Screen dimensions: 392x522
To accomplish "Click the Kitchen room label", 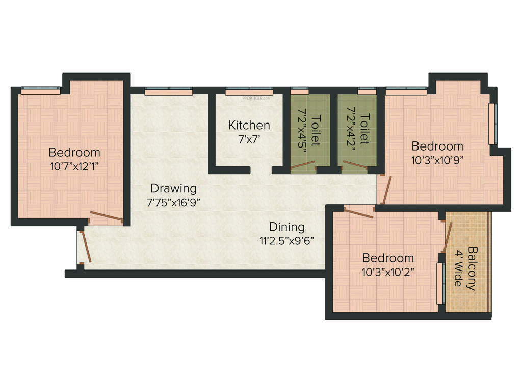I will click(x=249, y=125).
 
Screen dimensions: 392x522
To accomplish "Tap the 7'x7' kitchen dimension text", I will click(x=249, y=138).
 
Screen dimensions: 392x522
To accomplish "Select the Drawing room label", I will click(x=173, y=188).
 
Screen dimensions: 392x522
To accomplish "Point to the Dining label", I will click(x=287, y=227).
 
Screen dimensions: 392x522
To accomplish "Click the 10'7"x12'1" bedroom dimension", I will click(x=74, y=166).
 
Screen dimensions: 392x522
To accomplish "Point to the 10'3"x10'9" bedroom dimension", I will click(x=437, y=159).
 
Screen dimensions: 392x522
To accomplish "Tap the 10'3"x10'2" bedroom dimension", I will click(x=387, y=272).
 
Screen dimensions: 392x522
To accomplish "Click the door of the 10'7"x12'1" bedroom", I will click(x=106, y=217).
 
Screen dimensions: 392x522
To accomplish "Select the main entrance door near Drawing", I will click(x=86, y=247).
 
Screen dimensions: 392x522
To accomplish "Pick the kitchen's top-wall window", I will click(x=249, y=93).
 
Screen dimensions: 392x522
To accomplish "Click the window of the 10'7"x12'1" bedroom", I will click(x=41, y=91).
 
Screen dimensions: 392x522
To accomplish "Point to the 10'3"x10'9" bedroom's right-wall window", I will click(x=491, y=124).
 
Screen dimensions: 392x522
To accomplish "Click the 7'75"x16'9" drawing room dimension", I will click(x=173, y=202).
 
